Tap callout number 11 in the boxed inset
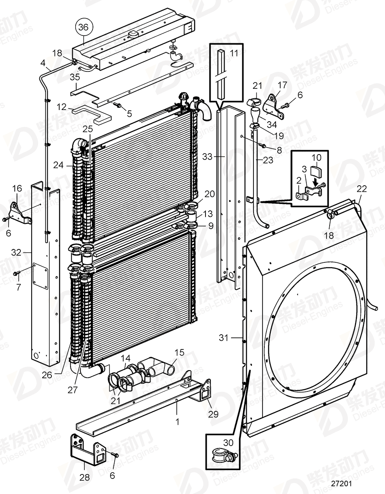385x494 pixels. [x=234, y=54]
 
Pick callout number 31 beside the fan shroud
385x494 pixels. [x=223, y=338]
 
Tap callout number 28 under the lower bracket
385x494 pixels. [x=85, y=478]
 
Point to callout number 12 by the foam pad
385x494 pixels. [x=62, y=106]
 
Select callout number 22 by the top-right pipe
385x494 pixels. [x=361, y=189]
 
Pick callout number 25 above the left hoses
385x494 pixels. [x=88, y=129]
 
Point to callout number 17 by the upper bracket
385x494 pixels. [x=282, y=85]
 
